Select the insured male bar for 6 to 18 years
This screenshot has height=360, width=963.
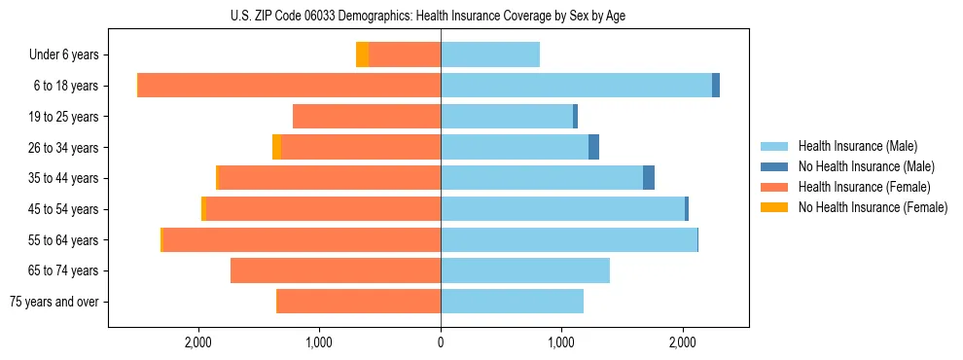[x=576, y=86]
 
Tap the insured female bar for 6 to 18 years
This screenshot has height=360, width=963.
[x=289, y=86]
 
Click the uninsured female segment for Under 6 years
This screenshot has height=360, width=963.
[x=362, y=54]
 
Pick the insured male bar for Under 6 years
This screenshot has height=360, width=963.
[x=490, y=54]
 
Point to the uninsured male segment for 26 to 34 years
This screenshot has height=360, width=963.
[x=593, y=147]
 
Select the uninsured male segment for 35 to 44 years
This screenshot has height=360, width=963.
[x=649, y=178]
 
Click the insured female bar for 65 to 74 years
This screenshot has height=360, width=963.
[x=336, y=270]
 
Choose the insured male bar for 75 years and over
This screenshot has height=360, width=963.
[x=512, y=302]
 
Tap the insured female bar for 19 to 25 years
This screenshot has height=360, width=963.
[x=367, y=117]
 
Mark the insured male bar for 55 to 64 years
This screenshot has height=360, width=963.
[x=569, y=239]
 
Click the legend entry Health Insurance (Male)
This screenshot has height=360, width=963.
[x=857, y=146]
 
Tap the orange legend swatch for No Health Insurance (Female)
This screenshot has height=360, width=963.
[x=775, y=207]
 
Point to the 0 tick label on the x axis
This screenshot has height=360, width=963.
[x=441, y=342]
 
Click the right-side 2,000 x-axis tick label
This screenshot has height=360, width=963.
[x=682, y=342]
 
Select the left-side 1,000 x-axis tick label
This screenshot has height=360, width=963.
[x=320, y=342]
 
